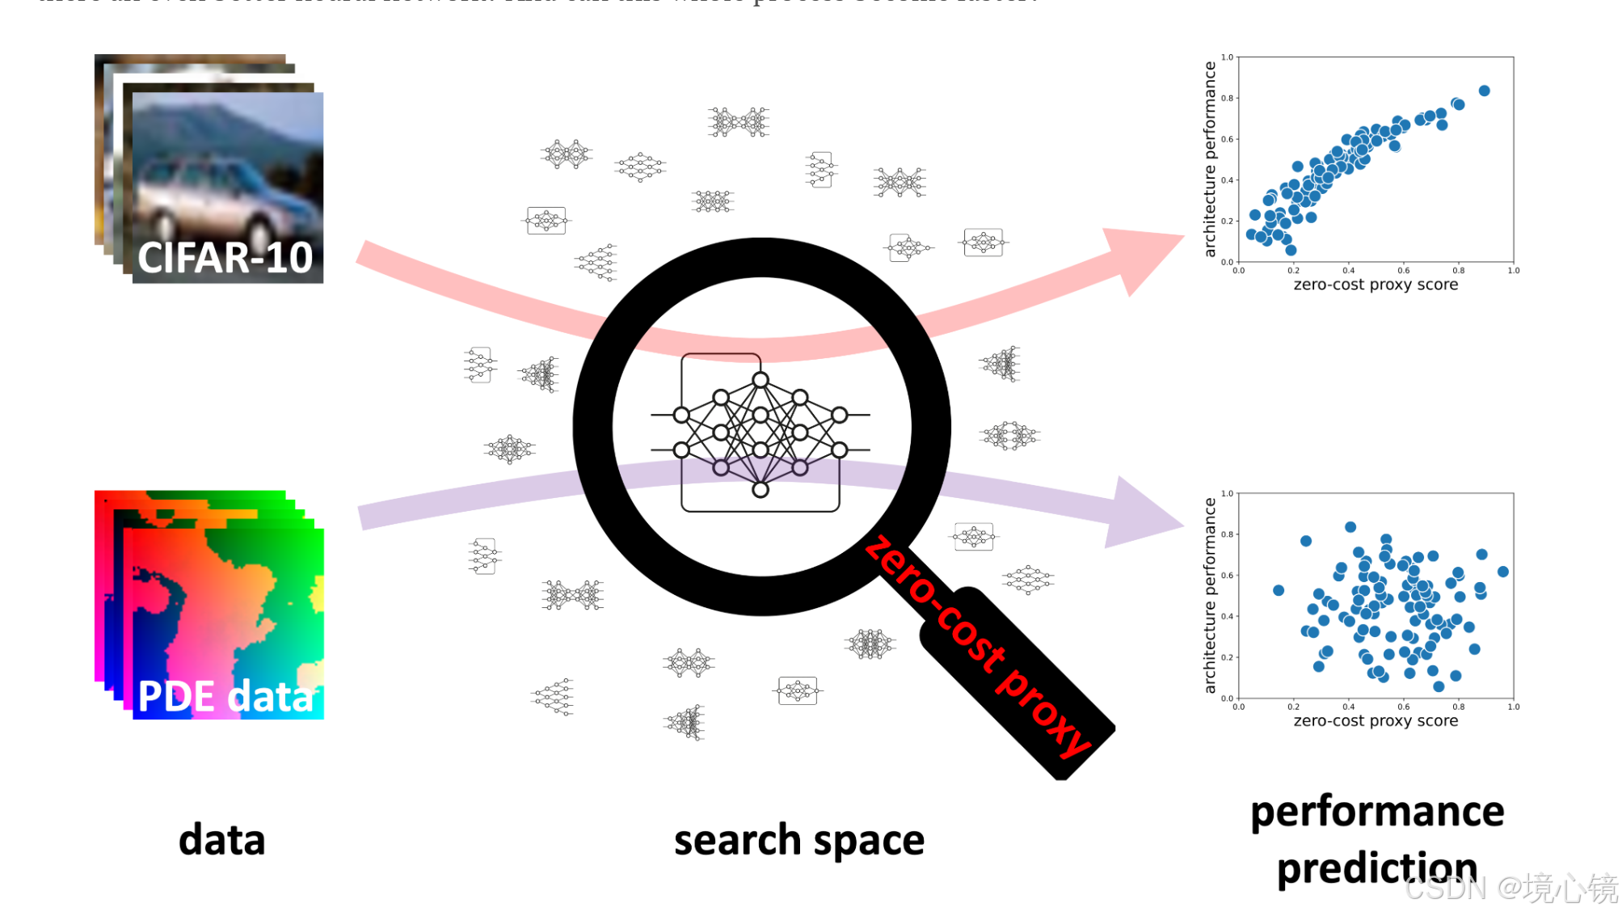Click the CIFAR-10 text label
(x=225, y=258)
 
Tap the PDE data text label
(x=225, y=696)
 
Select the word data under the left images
(x=221, y=840)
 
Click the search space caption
(x=798, y=841)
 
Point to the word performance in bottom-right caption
(x=1376, y=812)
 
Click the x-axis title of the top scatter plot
(x=1376, y=285)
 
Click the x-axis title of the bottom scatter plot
(x=1376, y=721)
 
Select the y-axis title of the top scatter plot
(x=1210, y=159)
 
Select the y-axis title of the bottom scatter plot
(x=1210, y=596)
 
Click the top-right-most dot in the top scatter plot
(x=1484, y=91)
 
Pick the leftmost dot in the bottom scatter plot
(x=1279, y=590)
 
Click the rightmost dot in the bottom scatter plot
(x=1503, y=572)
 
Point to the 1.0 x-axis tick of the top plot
(x=1513, y=271)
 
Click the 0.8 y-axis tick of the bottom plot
(x=1228, y=534)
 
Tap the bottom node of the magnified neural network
(x=760, y=490)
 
